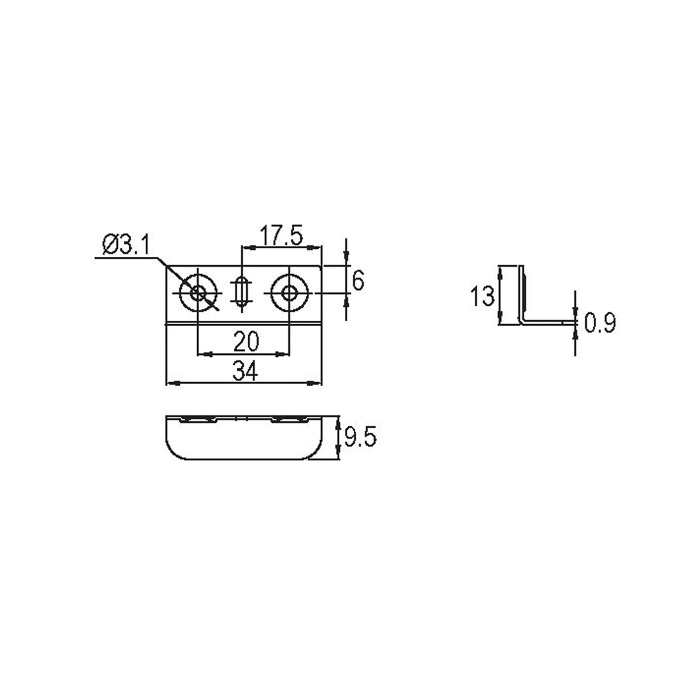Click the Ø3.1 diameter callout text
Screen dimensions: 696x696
coord(125,245)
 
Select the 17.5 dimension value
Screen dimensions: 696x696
coord(281,235)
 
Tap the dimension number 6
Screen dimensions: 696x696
coord(357,281)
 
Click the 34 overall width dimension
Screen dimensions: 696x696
coord(245,371)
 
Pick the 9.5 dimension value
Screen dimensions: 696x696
coord(360,438)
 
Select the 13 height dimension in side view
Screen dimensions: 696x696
coord(482,296)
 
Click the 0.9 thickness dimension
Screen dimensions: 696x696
coord(600,323)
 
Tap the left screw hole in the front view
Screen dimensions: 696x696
coord(198,293)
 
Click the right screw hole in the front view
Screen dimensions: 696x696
coord(289,293)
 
